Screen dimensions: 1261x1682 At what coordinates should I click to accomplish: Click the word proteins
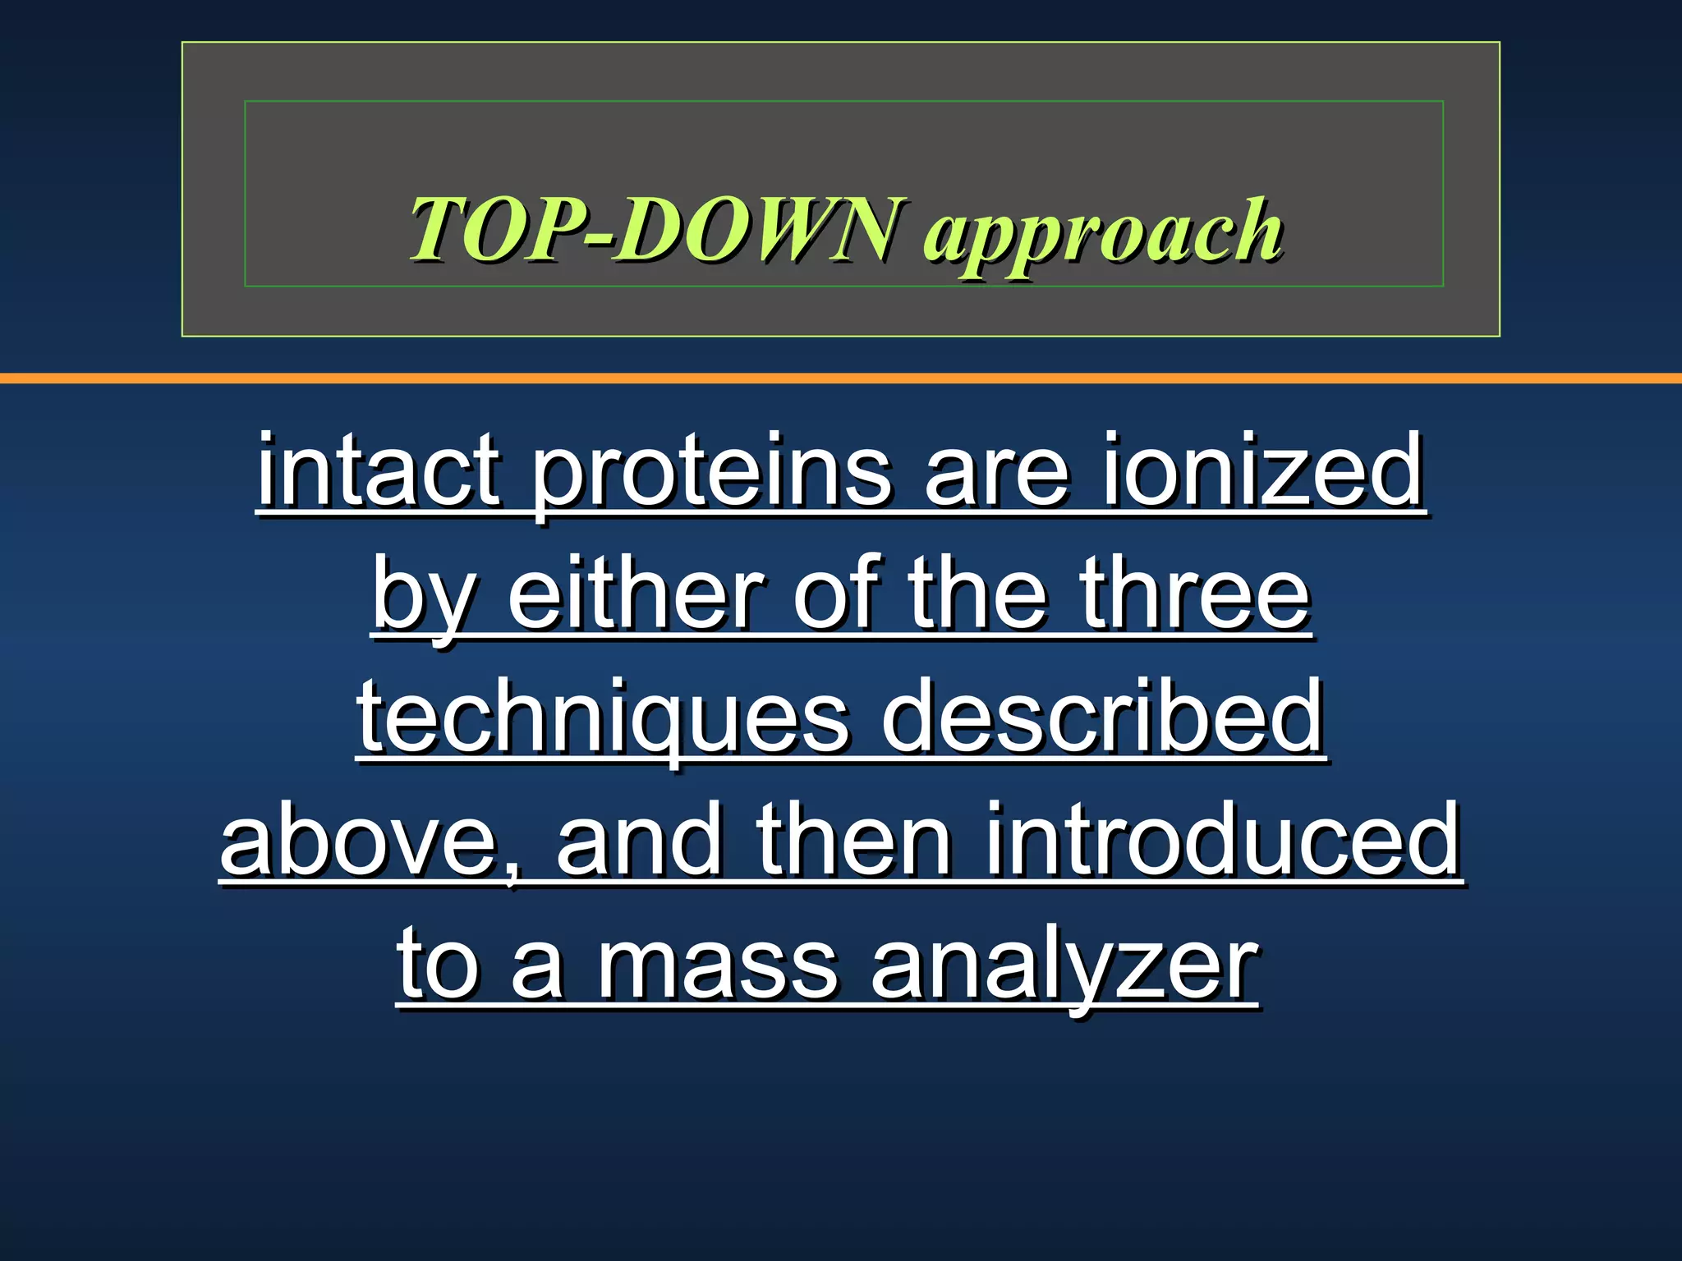tap(711, 476)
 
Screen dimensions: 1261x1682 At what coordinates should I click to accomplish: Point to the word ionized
tap(1262, 472)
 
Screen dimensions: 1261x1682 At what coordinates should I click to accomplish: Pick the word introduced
tap(1222, 841)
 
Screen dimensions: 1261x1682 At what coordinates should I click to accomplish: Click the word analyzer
tap(1064, 969)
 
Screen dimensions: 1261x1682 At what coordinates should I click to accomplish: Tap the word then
tap(854, 841)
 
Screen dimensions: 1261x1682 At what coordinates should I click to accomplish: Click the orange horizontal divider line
tap(841, 378)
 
